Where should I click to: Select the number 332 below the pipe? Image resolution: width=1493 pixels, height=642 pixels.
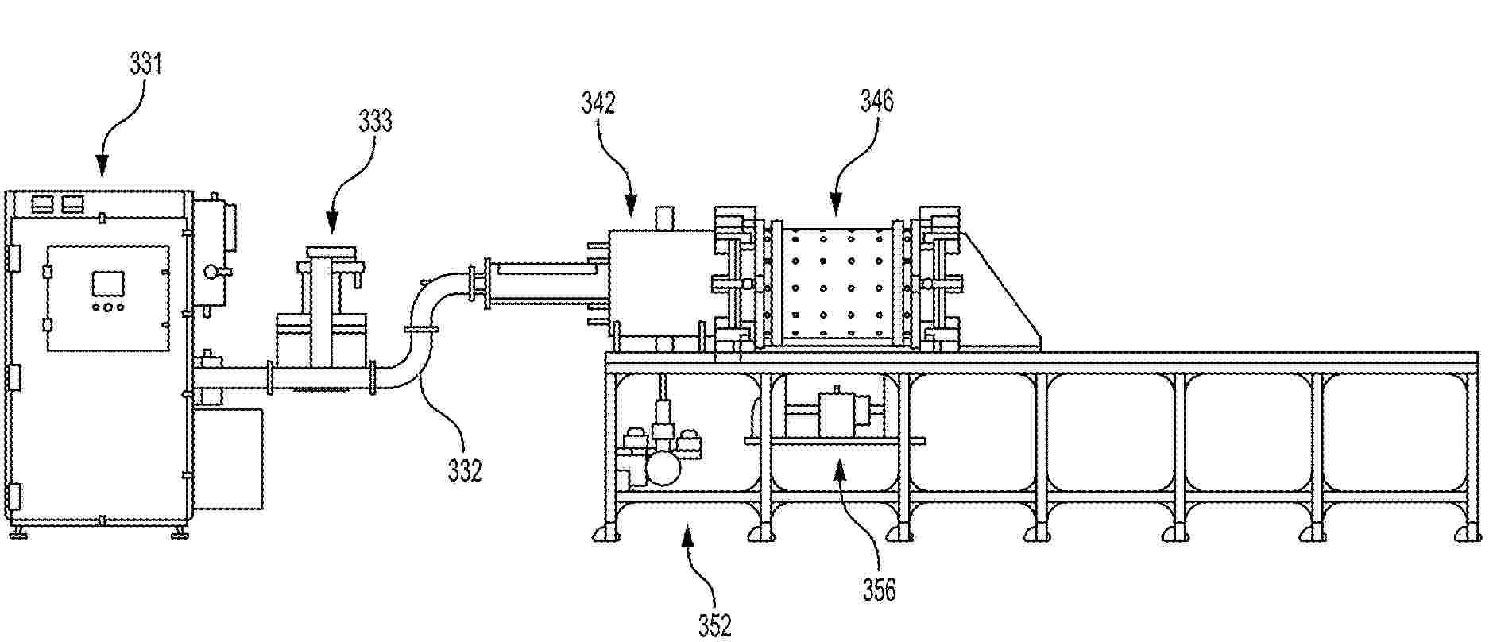(x=465, y=471)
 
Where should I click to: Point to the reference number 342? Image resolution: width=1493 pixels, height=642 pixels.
(x=598, y=102)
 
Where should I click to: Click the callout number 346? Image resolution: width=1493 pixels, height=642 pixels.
(x=877, y=101)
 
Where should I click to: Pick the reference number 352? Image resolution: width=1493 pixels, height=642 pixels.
(x=714, y=626)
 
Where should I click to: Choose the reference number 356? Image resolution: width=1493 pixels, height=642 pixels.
(x=879, y=590)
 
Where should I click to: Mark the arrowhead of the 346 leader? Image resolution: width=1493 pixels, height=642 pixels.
(x=835, y=208)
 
